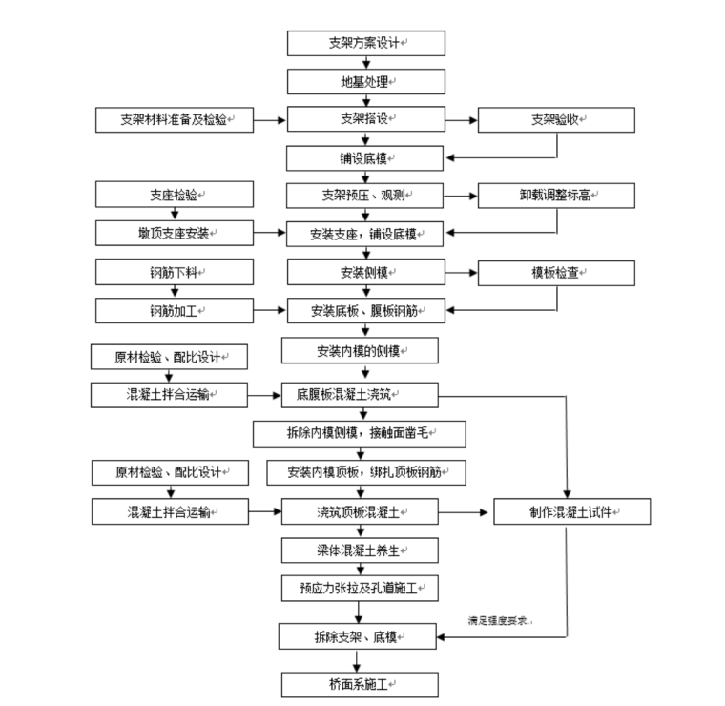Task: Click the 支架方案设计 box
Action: pyautogui.click(x=366, y=43)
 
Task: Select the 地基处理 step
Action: pyautogui.click(x=366, y=82)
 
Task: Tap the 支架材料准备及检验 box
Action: pyautogui.click(x=175, y=120)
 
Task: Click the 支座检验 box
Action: pyautogui.click(x=175, y=195)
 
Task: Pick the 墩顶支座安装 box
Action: pyautogui.click(x=175, y=233)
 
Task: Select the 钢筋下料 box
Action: pyautogui.click(x=175, y=272)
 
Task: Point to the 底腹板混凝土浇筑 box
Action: pyautogui.click(x=359, y=393)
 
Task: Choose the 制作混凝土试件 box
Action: pyautogui.click(x=571, y=511)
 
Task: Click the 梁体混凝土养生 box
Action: pyautogui.click(x=359, y=550)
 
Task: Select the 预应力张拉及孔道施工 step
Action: pyautogui.click(x=359, y=589)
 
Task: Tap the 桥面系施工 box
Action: pyautogui.click(x=359, y=684)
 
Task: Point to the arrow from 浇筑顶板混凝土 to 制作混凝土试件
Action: pyautogui.click(x=466, y=511)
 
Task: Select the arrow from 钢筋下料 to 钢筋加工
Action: pyautogui.click(x=175, y=291)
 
